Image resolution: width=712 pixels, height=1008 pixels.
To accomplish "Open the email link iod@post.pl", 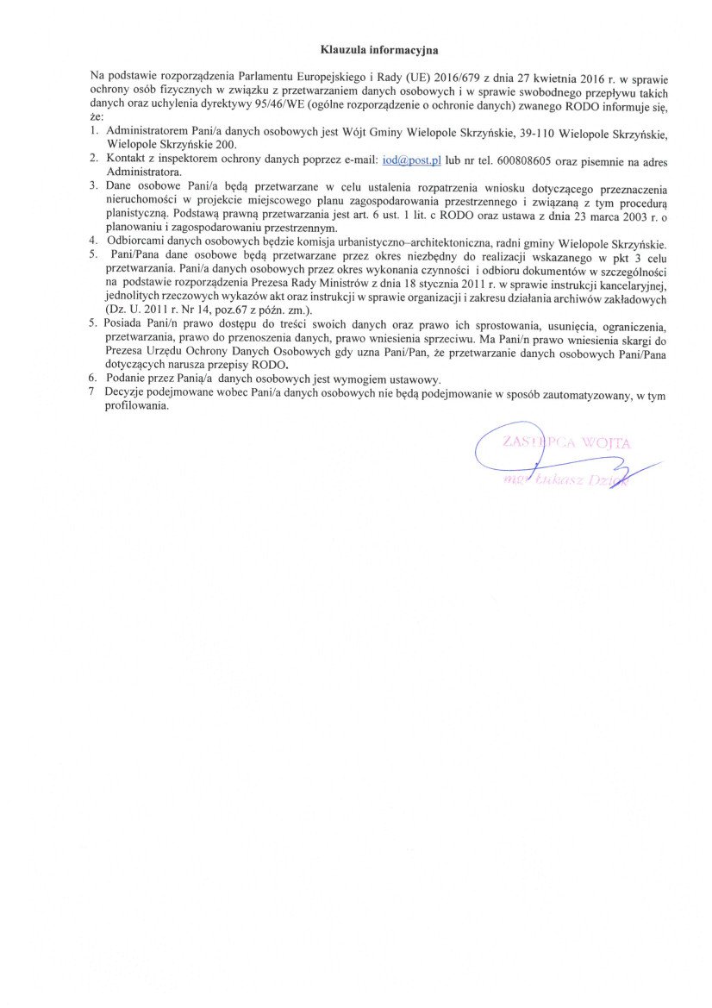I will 410,161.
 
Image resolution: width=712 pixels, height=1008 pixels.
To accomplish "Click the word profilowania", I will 137,405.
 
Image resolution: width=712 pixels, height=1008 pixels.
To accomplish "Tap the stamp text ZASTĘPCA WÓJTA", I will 566,443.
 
